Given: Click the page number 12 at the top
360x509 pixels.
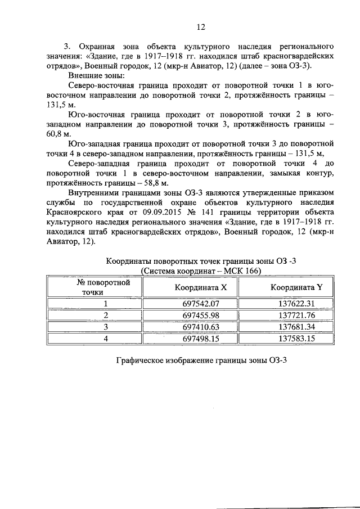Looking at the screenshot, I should [x=201, y=26].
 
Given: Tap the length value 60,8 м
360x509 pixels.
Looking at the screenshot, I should [x=56, y=134].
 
